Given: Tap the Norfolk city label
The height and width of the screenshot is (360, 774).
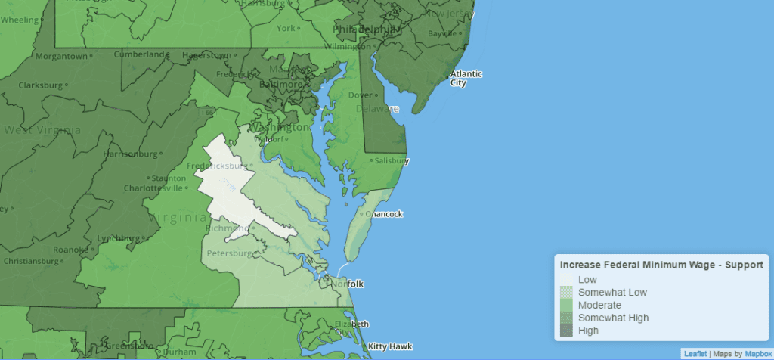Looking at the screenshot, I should pyautogui.click(x=348, y=284).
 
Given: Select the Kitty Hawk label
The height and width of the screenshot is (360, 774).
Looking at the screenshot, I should pyautogui.click(x=391, y=346).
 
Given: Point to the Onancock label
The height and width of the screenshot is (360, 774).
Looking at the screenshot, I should pyautogui.click(x=384, y=214).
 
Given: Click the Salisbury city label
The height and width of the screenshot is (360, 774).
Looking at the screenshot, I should pyautogui.click(x=392, y=161).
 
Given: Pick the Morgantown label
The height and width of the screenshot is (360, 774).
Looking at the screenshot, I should pyautogui.click(x=60, y=56).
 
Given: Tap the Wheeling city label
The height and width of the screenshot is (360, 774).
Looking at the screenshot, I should pyautogui.click(x=17, y=20).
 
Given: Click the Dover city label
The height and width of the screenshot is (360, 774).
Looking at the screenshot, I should pyautogui.click(x=361, y=95).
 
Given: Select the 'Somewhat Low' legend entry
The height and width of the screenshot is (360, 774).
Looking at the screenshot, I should pyautogui.click(x=612, y=292).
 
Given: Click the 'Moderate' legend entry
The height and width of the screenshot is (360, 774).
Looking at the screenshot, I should pyautogui.click(x=599, y=305).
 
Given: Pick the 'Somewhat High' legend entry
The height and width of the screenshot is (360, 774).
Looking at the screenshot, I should pyautogui.click(x=613, y=318).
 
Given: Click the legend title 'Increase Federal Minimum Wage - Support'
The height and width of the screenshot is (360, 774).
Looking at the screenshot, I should pyautogui.click(x=660, y=265).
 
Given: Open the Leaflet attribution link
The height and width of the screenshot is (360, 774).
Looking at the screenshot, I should pyautogui.click(x=695, y=353).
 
